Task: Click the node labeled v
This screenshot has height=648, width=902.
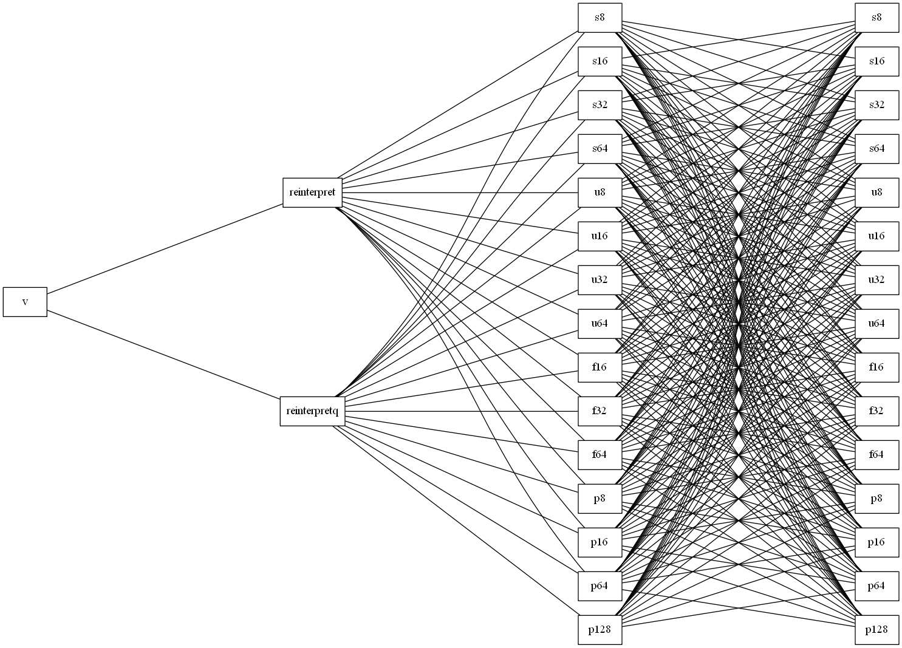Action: (x=25, y=302)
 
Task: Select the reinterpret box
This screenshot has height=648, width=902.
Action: (x=312, y=193)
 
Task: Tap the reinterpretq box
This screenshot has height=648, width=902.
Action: (x=312, y=411)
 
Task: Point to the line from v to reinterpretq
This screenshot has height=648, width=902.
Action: (x=163, y=354)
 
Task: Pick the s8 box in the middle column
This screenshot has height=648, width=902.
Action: (x=600, y=18)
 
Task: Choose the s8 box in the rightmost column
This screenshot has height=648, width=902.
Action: (x=876, y=18)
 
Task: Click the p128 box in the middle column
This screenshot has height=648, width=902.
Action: (x=600, y=630)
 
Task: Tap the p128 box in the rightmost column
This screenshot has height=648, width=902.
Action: (x=876, y=630)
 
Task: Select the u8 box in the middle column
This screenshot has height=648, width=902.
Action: (x=600, y=193)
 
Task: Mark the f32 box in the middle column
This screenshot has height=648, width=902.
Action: (x=600, y=411)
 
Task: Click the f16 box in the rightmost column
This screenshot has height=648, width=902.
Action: (x=876, y=367)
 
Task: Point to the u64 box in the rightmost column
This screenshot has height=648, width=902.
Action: (x=876, y=324)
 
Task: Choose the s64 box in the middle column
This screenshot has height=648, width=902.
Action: (x=600, y=149)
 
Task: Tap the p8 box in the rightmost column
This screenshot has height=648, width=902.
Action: (x=876, y=499)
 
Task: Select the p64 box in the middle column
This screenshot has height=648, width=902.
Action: (x=600, y=586)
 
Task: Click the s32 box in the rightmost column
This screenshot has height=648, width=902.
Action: (x=876, y=105)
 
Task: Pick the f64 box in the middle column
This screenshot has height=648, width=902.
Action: (x=600, y=455)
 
